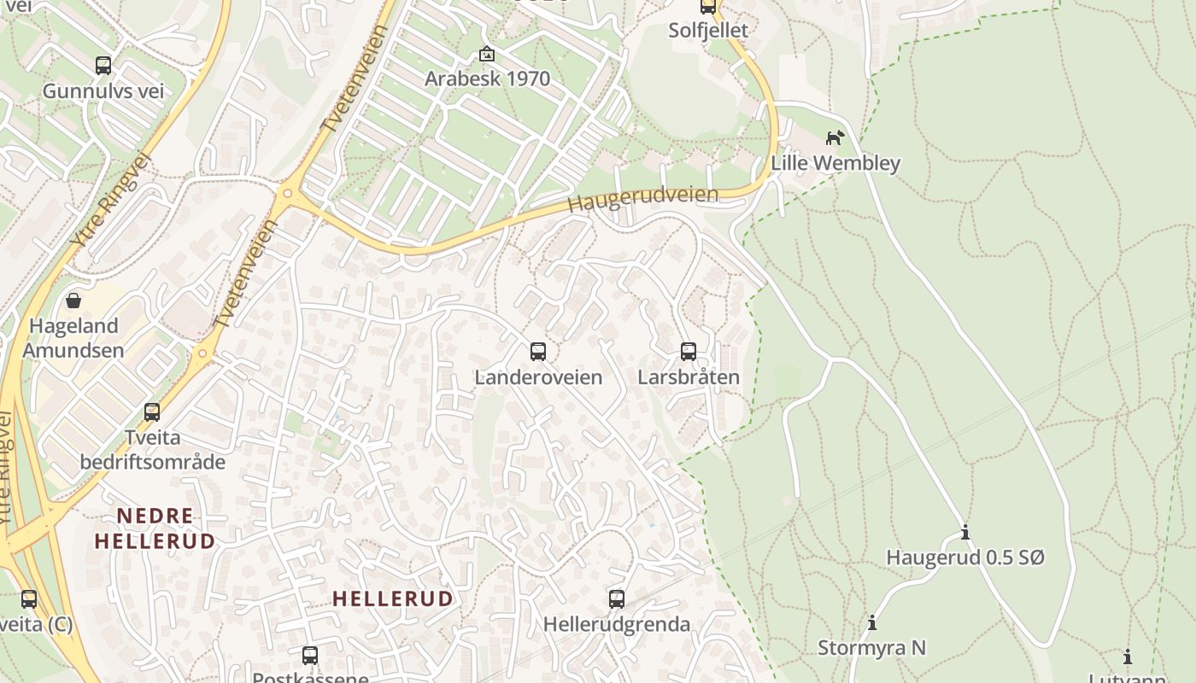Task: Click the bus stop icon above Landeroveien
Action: tap(538, 351)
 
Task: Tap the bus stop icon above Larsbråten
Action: tap(689, 351)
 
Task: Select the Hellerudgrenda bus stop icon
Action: tap(617, 598)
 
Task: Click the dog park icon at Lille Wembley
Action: tap(835, 137)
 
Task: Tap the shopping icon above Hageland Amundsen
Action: tap(73, 301)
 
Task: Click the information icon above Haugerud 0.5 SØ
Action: tap(965, 533)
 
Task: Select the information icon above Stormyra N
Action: tap(871, 622)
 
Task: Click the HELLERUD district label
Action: tap(392, 598)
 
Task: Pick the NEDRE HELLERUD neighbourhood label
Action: tap(155, 528)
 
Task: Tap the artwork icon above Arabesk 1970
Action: tap(487, 54)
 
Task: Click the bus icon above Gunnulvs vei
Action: tap(103, 65)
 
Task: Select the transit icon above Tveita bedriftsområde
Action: tap(152, 412)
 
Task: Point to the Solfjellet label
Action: tap(708, 31)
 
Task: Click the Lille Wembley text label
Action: tap(835, 163)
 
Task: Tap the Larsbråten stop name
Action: tap(689, 377)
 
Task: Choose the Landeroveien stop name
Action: tap(538, 377)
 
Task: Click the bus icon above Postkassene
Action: tap(310, 656)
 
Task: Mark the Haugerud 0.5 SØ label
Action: tap(965, 557)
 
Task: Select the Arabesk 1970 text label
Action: tap(488, 79)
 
